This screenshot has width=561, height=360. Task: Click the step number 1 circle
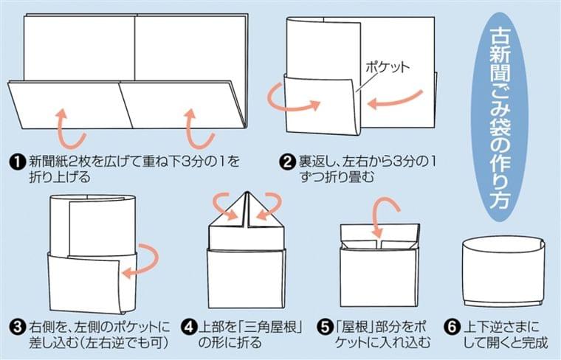[x=17, y=162]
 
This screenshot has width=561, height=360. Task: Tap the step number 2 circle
[x=287, y=162]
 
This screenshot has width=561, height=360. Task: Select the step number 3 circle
[x=18, y=327]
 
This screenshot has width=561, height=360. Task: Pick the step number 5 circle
[x=324, y=327]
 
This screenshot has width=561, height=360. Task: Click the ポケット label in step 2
[x=387, y=67]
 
